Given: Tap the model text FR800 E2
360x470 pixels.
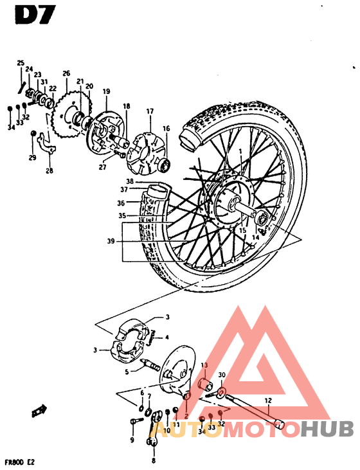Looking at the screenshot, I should [x=21, y=461].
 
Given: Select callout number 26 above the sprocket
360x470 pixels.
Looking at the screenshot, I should [x=66, y=73].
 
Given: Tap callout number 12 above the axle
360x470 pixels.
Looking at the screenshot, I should [x=268, y=400].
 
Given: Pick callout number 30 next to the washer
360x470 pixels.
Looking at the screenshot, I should [x=222, y=375].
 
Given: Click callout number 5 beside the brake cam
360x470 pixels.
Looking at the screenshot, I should [x=127, y=372].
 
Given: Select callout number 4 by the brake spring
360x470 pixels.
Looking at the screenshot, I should [x=167, y=337].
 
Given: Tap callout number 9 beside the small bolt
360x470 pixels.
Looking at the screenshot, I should [x=132, y=440].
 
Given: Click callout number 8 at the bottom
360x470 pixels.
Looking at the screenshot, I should [x=154, y=460].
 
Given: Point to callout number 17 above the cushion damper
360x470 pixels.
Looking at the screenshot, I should [x=150, y=111].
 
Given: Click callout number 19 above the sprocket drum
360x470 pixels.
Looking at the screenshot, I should [x=105, y=91].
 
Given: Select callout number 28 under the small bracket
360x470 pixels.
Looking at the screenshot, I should [x=50, y=171].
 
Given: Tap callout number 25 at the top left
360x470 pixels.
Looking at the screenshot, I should [x=21, y=62].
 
